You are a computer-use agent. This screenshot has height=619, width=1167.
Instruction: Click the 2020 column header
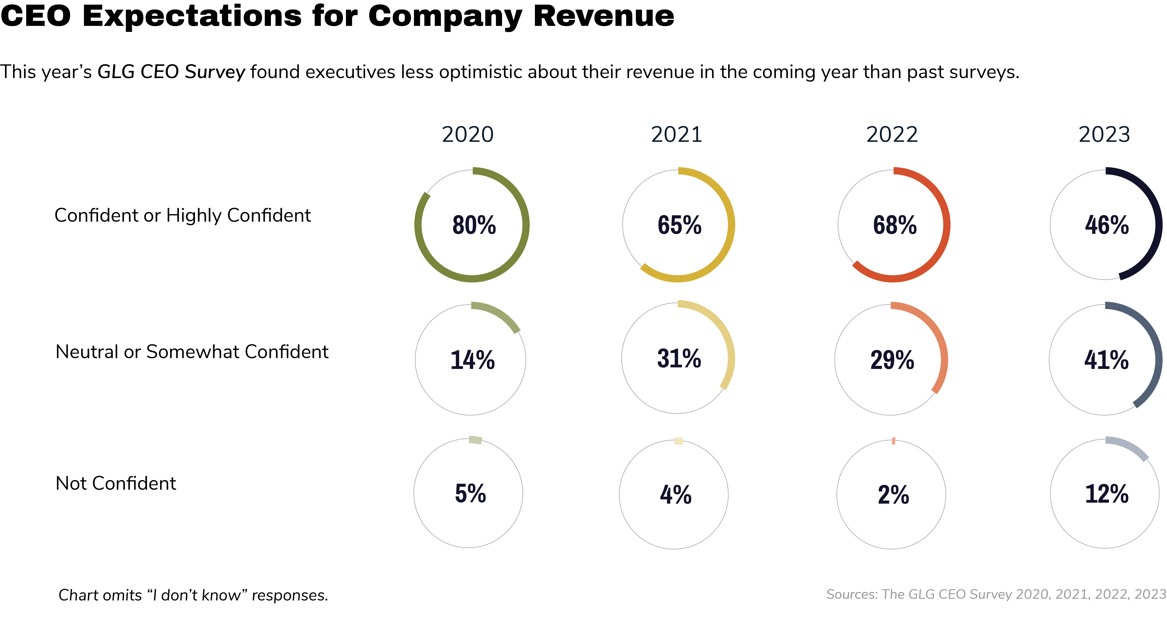(468, 135)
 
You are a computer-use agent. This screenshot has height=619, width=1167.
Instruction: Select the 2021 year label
(676, 135)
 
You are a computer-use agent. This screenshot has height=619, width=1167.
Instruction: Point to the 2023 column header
(1104, 135)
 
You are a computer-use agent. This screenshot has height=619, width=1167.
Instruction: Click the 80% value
(474, 225)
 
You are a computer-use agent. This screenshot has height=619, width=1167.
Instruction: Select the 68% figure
(895, 225)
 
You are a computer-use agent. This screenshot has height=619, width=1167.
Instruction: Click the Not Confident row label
(116, 484)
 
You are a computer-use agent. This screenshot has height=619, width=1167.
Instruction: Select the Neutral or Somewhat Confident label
(192, 352)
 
